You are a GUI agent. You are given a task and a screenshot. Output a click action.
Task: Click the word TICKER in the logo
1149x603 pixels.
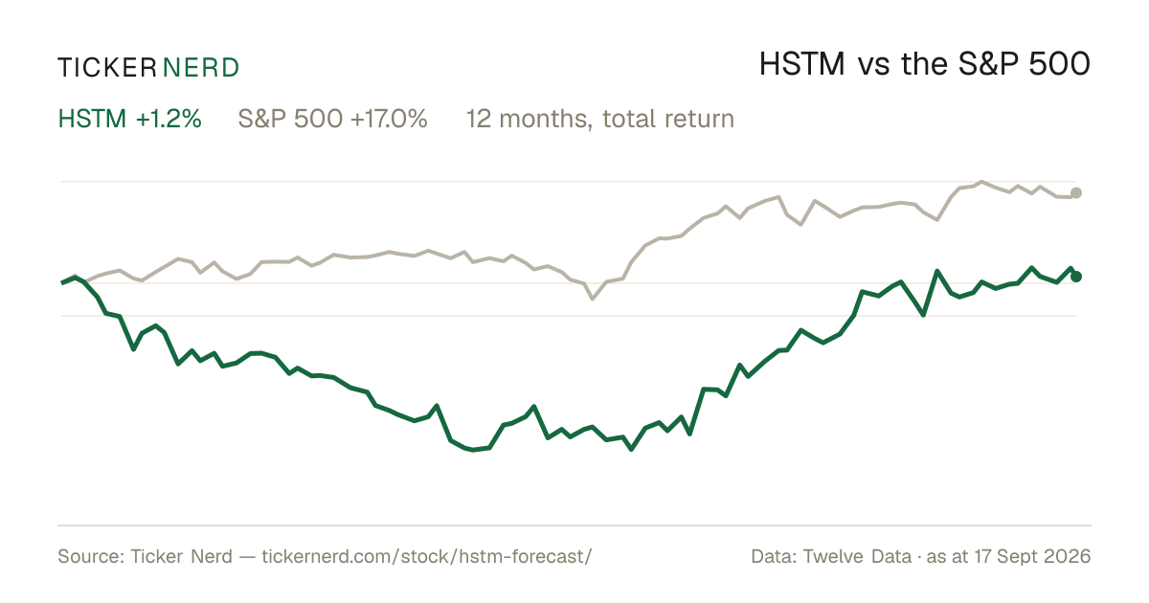click(107, 68)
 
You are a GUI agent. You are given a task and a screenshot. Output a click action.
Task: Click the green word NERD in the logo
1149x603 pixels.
click(201, 68)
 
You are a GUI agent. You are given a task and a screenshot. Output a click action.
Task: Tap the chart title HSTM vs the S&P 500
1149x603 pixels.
click(924, 65)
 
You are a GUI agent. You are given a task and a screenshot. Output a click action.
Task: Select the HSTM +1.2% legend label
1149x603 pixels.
click(130, 119)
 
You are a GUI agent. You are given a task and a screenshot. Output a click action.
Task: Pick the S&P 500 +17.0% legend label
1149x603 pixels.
click(332, 119)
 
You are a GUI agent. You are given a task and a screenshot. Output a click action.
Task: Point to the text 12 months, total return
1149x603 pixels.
click(600, 120)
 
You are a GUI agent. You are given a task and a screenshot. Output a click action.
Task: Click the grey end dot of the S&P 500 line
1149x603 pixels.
click(1076, 192)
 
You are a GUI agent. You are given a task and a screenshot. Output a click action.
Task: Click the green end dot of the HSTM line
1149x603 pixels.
click(1076, 277)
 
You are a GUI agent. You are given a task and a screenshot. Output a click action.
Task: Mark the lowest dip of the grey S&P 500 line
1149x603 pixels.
click(593, 299)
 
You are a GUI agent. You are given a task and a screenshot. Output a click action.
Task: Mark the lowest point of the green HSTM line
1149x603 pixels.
click(631, 450)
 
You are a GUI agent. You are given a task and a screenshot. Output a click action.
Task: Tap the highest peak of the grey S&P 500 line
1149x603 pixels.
click(981, 182)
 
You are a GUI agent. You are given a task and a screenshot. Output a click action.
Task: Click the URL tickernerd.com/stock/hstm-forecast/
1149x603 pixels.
click(427, 556)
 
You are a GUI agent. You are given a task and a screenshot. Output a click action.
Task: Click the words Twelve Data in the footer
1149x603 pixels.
click(857, 556)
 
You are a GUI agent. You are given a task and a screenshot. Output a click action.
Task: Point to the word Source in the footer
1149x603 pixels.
click(88, 556)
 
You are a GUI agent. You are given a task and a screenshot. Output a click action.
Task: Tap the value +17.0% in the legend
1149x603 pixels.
click(389, 119)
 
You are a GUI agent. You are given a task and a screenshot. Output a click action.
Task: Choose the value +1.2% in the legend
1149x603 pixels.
click(169, 119)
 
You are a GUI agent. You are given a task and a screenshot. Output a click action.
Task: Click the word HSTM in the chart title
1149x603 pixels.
click(801, 65)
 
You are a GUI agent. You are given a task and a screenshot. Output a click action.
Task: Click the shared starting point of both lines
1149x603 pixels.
click(62, 282)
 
